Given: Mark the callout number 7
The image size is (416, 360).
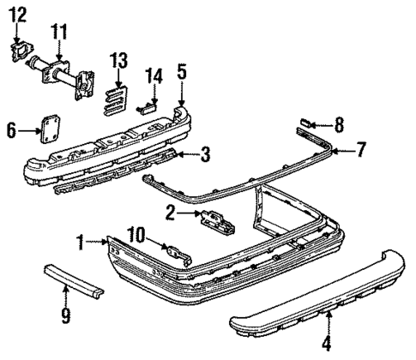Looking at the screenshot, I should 361,150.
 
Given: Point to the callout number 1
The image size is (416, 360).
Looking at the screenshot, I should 81,243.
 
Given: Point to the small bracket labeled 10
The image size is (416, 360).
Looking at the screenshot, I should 177,254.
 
